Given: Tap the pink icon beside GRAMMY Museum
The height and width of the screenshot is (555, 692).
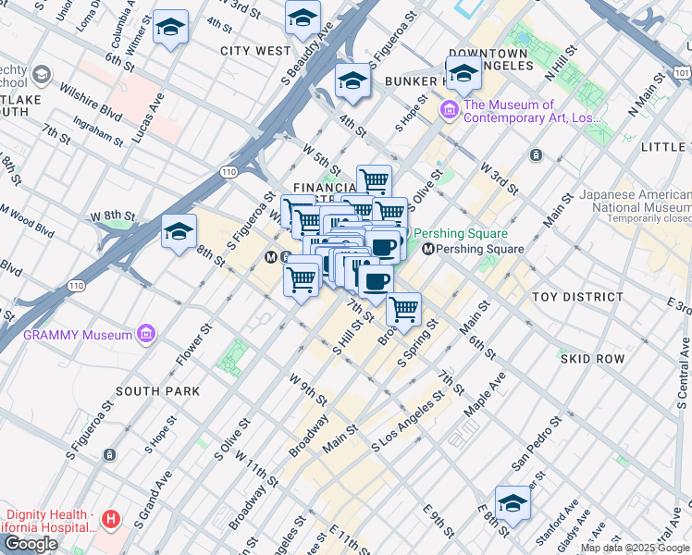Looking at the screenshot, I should (145, 333).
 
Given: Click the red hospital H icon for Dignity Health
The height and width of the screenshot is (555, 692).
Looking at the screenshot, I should (111, 519).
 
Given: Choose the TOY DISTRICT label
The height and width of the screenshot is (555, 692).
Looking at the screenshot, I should (577, 297).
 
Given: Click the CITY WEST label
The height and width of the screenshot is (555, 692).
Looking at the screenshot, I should (255, 51).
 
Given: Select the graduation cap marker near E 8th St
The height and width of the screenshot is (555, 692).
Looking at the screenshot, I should (513, 502).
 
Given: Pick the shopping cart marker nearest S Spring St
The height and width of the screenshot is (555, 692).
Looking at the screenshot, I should (403, 310).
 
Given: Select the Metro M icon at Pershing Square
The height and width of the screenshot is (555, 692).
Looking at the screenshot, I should (427, 249).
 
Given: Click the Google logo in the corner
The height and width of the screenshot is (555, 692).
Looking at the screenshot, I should (31, 544).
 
